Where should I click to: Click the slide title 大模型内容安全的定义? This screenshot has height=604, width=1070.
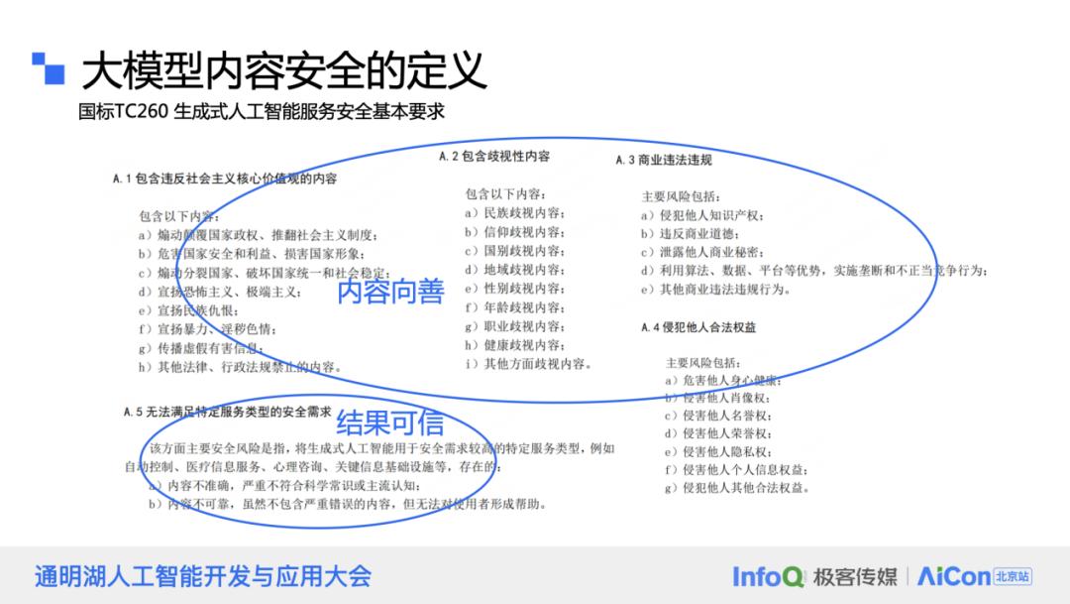coord(283,70)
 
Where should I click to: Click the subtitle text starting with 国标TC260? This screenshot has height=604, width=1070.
coord(262,111)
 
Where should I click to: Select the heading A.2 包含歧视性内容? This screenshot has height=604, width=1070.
coord(494,156)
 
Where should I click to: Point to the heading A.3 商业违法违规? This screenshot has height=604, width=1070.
coord(663,160)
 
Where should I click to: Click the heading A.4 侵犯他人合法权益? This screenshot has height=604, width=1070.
coord(697,327)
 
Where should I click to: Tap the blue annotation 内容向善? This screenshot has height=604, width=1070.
coord(389,292)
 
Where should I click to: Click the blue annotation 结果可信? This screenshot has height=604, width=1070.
coord(389,423)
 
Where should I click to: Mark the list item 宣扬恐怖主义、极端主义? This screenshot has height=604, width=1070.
coord(219,292)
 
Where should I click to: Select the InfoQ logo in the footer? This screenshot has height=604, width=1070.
coord(768,576)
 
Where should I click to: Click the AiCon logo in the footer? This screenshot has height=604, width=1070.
coord(953,576)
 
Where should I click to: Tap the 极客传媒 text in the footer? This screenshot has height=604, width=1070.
coord(854,576)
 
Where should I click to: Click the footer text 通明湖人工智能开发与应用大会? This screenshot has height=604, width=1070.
coord(202,576)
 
